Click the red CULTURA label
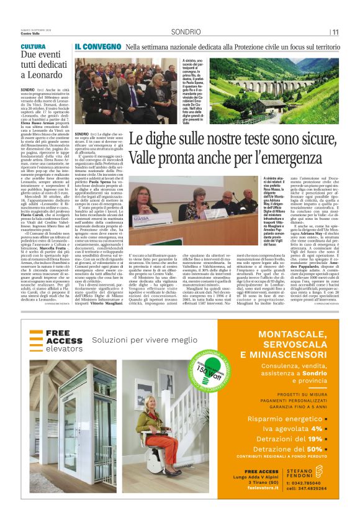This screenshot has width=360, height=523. (33, 47)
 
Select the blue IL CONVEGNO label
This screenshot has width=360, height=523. (96, 47)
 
